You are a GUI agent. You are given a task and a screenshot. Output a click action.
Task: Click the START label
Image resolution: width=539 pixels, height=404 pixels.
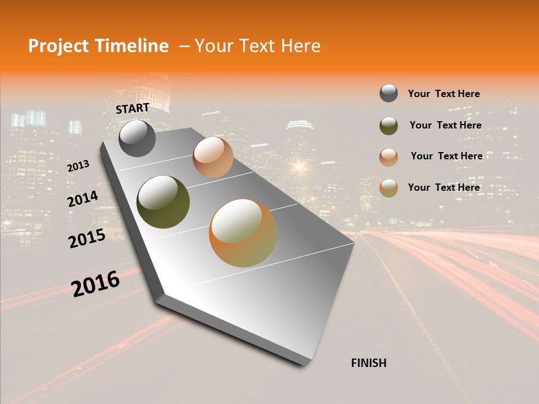click(x=133, y=108)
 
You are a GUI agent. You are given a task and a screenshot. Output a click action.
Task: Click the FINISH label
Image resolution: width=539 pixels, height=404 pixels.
click(x=368, y=363)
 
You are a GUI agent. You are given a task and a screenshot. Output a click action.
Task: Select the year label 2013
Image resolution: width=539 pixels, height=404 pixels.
click(x=79, y=166)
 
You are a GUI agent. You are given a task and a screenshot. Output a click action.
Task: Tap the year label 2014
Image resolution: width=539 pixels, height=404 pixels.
click(x=83, y=199)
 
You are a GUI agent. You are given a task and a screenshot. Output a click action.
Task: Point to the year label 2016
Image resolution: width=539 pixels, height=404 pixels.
click(x=95, y=284)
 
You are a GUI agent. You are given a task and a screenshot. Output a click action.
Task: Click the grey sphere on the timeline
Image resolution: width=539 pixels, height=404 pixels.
click(x=137, y=138)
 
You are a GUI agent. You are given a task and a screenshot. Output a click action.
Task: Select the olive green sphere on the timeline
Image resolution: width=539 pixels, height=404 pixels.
click(x=163, y=202)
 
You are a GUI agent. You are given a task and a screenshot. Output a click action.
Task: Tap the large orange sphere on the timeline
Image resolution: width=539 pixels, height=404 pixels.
click(x=243, y=233)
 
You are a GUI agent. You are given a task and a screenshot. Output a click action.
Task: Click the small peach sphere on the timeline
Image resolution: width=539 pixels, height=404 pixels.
click(x=213, y=157)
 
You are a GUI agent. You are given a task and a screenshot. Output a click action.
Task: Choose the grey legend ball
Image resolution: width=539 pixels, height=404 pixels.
click(x=389, y=93)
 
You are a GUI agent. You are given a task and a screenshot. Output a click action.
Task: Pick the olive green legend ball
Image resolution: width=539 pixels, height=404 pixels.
click(x=389, y=126)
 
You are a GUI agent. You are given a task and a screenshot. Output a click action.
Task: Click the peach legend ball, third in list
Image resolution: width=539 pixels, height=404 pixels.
click(x=389, y=157)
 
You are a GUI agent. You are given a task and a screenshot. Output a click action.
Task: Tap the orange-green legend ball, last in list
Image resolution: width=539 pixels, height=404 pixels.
click(x=389, y=188)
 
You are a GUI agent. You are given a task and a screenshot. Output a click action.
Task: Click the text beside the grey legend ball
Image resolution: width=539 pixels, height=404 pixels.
click(x=444, y=94)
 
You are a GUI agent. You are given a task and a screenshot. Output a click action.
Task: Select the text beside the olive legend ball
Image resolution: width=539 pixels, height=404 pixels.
click(x=445, y=125)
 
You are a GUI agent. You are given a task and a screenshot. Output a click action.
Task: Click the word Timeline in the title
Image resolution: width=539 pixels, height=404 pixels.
click(x=134, y=46)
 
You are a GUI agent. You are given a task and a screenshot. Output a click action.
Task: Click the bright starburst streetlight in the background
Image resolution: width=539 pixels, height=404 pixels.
click(x=299, y=166)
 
